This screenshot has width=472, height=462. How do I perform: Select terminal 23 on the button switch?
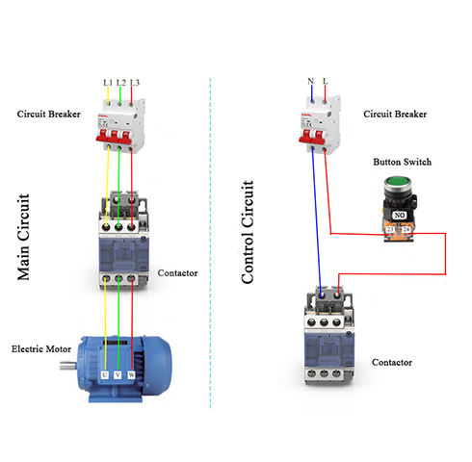coord(390,229)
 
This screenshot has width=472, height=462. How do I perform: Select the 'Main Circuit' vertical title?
coord(25,237)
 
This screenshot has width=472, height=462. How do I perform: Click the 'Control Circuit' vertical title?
coord(248,231)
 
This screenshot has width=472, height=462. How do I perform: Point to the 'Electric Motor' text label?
coord(38,347)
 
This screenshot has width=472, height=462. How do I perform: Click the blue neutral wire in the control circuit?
coord(316,221)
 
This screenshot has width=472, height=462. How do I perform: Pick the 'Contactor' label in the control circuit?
coord(392,362)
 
